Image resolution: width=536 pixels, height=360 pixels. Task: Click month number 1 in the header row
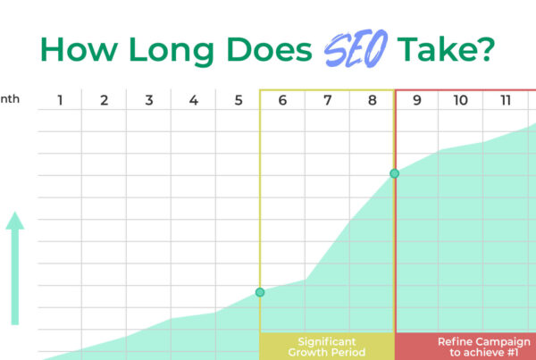coord(60,100)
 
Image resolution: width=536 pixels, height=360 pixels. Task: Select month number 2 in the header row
coord(104,100)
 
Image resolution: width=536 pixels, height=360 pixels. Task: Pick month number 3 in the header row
coord(148,100)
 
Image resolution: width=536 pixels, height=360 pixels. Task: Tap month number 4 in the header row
coord(193,100)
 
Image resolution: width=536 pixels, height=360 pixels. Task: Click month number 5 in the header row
coord(238,100)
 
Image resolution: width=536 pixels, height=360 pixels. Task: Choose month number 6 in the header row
coord(282,100)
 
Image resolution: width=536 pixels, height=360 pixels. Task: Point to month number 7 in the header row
coord(327,100)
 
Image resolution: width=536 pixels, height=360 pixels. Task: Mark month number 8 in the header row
coord(372,100)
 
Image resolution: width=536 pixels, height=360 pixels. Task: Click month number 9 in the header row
coord(416,100)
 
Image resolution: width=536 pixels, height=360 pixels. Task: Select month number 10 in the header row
coord(460,100)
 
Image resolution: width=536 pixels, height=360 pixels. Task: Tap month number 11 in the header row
coord(506,100)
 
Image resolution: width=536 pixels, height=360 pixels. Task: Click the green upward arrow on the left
coord(15,268)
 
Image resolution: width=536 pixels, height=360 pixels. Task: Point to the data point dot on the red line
coord(394,173)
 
